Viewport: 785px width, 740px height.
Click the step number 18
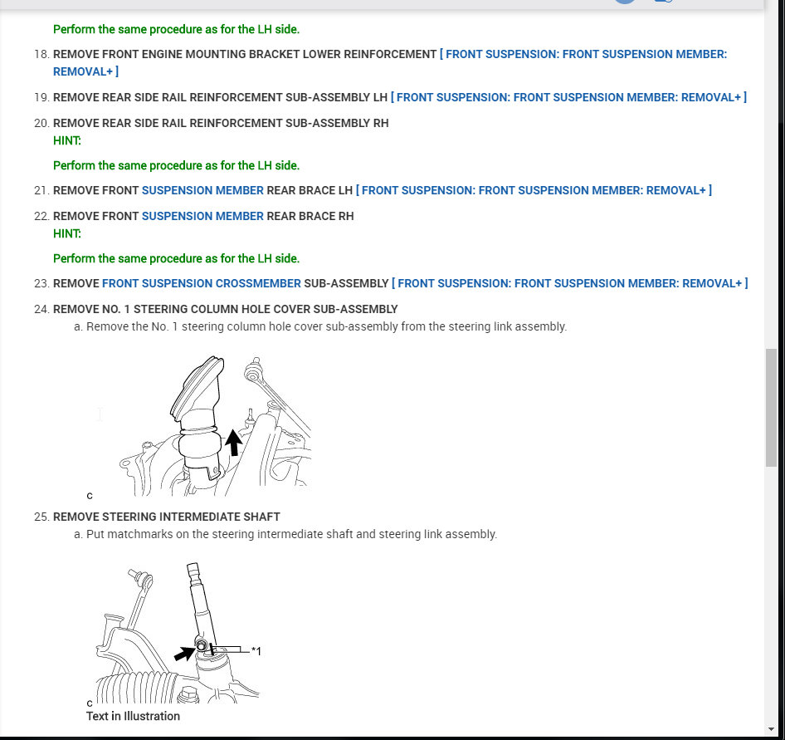click(41, 55)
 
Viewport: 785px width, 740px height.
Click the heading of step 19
click(220, 98)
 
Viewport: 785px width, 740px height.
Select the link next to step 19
click(568, 98)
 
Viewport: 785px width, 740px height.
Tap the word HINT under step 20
click(67, 141)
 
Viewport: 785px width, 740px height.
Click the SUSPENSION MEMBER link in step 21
click(202, 191)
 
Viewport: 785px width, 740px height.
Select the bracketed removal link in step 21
click(534, 191)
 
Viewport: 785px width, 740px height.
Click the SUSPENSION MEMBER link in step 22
click(202, 217)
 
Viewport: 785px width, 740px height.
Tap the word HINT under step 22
click(67, 234)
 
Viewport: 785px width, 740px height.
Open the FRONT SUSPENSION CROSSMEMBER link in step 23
click(201, 284)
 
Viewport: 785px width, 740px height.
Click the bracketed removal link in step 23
click(569, 284)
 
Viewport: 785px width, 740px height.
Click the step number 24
click(41, 310)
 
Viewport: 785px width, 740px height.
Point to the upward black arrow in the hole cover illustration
click(234, 442)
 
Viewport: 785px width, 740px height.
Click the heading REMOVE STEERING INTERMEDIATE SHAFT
click(166, 517)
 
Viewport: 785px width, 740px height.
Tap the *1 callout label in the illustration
click(256, 652)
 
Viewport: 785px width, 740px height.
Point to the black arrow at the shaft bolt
click(184, 654)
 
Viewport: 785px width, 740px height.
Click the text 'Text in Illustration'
click(133, 716)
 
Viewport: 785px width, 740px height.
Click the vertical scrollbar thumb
click(772, 407)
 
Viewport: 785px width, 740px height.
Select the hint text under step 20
click(176, 166)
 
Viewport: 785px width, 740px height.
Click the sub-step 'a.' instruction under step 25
click(290, 535)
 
